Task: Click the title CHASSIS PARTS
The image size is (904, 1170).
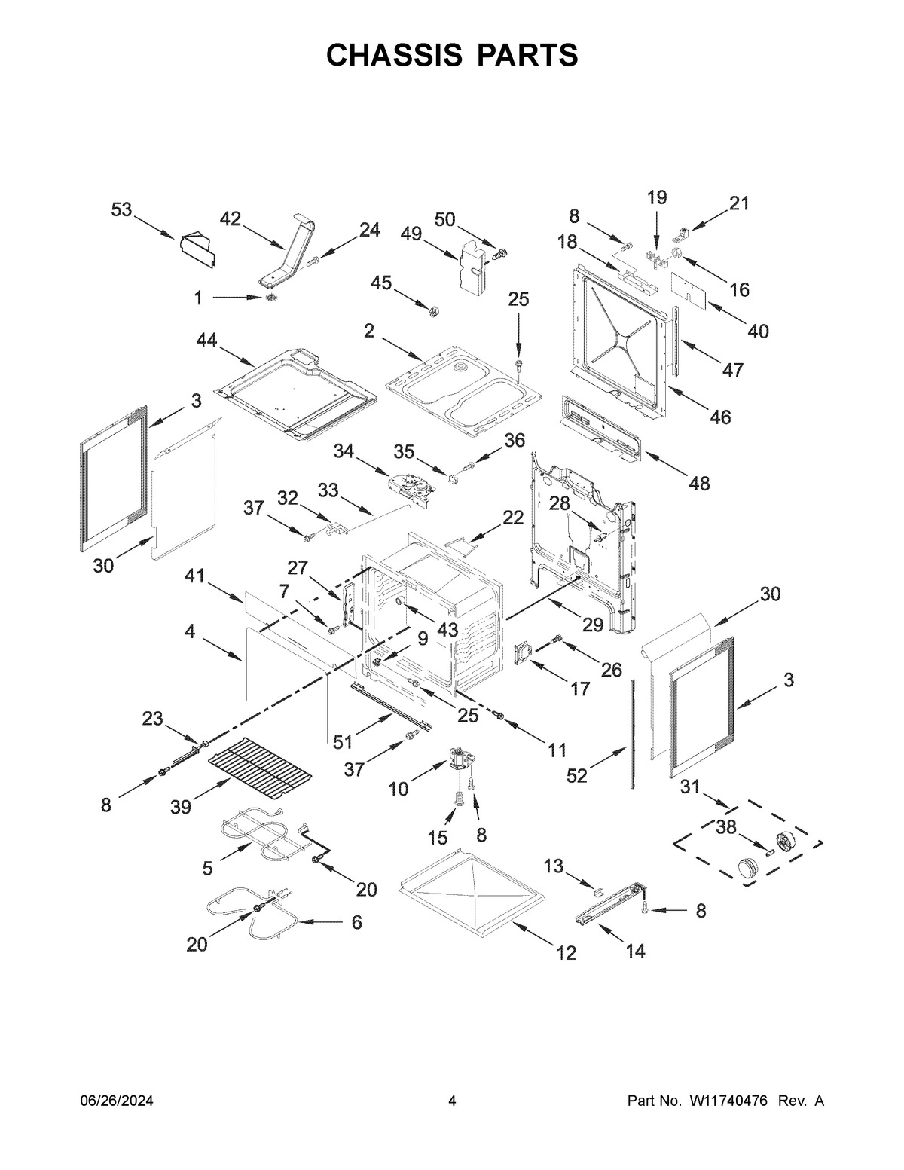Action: (x=452, y=55)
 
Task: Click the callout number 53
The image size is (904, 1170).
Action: (x=122, y=210)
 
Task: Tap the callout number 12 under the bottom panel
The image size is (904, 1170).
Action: (x=566, y=953)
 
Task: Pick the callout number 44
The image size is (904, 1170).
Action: (x=207, y=341)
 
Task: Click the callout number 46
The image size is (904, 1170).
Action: (x=720, y=417)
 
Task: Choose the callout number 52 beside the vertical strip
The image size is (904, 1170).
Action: (x=576, y=775)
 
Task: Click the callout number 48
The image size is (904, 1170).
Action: (x=699, y=483)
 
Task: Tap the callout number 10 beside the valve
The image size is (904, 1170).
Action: (x=399, y=789)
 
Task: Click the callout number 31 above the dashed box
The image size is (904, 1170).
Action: (x=690, y=787)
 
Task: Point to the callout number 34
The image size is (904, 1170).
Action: (x=344, y=451)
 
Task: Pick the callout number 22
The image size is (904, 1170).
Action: (x=513, y=517)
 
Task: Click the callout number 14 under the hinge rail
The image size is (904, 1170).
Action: (x=635, y=952)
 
